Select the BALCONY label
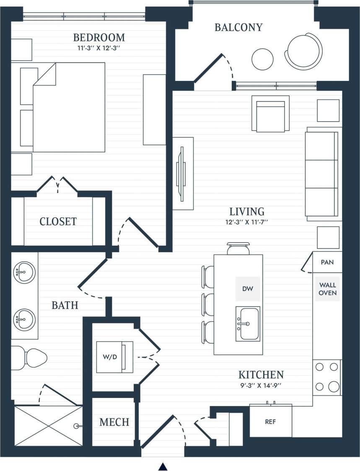(238, 28)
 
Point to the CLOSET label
(58, 221)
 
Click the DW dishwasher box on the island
(248, 289)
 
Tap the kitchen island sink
(248, 323)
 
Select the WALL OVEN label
(327, 289)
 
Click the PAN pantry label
(327, 263)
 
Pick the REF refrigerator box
(271, 422)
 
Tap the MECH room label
(114, 422)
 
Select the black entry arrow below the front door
(163, 466)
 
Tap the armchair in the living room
(270, 114)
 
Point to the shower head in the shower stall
(76, 426)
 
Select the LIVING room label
(246, 211)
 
